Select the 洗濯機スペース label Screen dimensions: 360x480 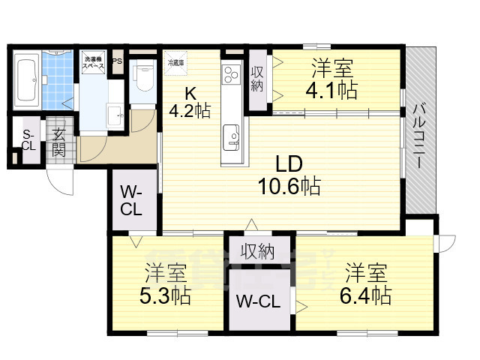pyautogui.click(x=94, y=62)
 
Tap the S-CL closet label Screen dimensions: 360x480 pyautogui.click(x=28, y=140)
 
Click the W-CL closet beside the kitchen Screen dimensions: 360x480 pyautogui.click(x=132, y=199)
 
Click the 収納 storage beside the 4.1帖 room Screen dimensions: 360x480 pyautogui.click(x=257, y=79)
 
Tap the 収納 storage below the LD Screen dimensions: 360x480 pyautogui.click(x=257, y=250)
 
